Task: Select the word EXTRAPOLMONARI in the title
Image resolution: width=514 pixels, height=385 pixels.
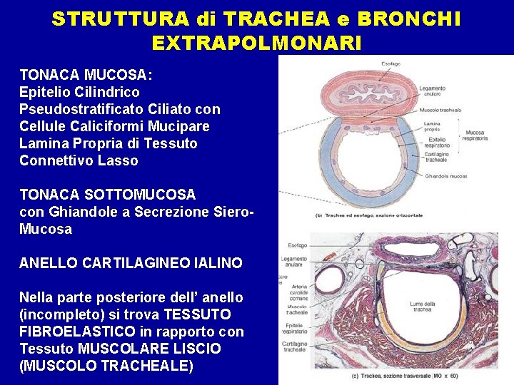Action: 257,43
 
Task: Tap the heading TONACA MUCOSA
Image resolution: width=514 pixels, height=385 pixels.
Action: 86,75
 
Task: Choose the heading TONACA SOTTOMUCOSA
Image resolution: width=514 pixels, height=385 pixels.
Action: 107,194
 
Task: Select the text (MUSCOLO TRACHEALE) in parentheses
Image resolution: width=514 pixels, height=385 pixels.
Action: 106,366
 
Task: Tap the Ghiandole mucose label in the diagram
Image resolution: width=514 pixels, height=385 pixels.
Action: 445,175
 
